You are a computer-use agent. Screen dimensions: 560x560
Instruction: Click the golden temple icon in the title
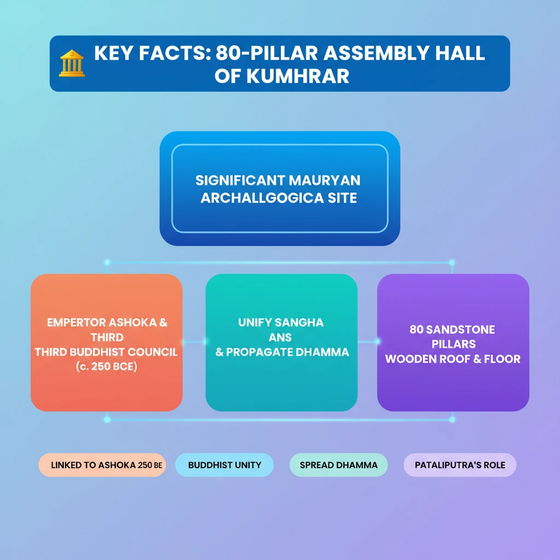coord(72,63)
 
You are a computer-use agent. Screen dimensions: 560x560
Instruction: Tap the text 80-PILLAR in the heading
coord(266,53)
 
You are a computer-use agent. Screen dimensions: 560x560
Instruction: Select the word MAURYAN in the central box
coord(324,180)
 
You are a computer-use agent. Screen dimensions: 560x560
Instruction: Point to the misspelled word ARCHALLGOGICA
coord(262,198)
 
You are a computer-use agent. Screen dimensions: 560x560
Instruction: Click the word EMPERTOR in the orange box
coord(76,323)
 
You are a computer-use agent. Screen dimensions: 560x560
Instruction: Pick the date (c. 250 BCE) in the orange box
coord(107,366)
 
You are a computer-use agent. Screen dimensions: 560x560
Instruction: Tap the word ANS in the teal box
coord(280,337)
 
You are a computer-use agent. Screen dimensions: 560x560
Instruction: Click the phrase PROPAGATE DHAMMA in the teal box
coord(288,352)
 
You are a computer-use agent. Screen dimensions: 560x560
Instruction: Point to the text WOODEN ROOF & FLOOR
coord(453,359)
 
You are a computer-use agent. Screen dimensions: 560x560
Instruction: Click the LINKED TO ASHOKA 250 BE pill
coord(102,465)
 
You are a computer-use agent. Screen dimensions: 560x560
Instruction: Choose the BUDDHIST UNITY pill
coord(224,465)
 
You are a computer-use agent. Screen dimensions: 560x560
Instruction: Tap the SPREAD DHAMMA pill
coord(339,465)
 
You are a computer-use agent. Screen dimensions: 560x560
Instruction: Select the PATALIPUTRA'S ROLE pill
coord(460,465)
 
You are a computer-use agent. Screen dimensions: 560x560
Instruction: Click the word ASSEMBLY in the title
coord(376,53)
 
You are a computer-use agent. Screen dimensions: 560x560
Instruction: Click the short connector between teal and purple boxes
coord(367,342)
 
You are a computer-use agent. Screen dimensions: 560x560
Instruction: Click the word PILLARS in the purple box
coord(453,344)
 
